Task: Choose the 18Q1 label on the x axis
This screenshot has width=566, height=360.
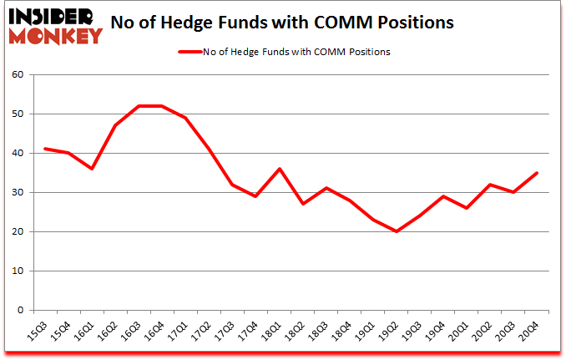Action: coord(271,328)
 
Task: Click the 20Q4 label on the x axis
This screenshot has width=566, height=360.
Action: coord(528,328)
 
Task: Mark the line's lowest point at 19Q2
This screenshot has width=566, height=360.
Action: coord(397,231)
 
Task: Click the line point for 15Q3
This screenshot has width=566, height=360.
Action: coord(45,149)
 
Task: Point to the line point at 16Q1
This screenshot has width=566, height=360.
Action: coord(92,169)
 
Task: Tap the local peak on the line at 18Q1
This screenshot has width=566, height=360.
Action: coord(280,169)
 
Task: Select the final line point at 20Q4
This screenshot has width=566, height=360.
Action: coord(537,173)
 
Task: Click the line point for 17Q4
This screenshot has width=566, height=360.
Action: coord(255,196)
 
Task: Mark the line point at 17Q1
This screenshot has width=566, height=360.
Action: coord(185,118)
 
